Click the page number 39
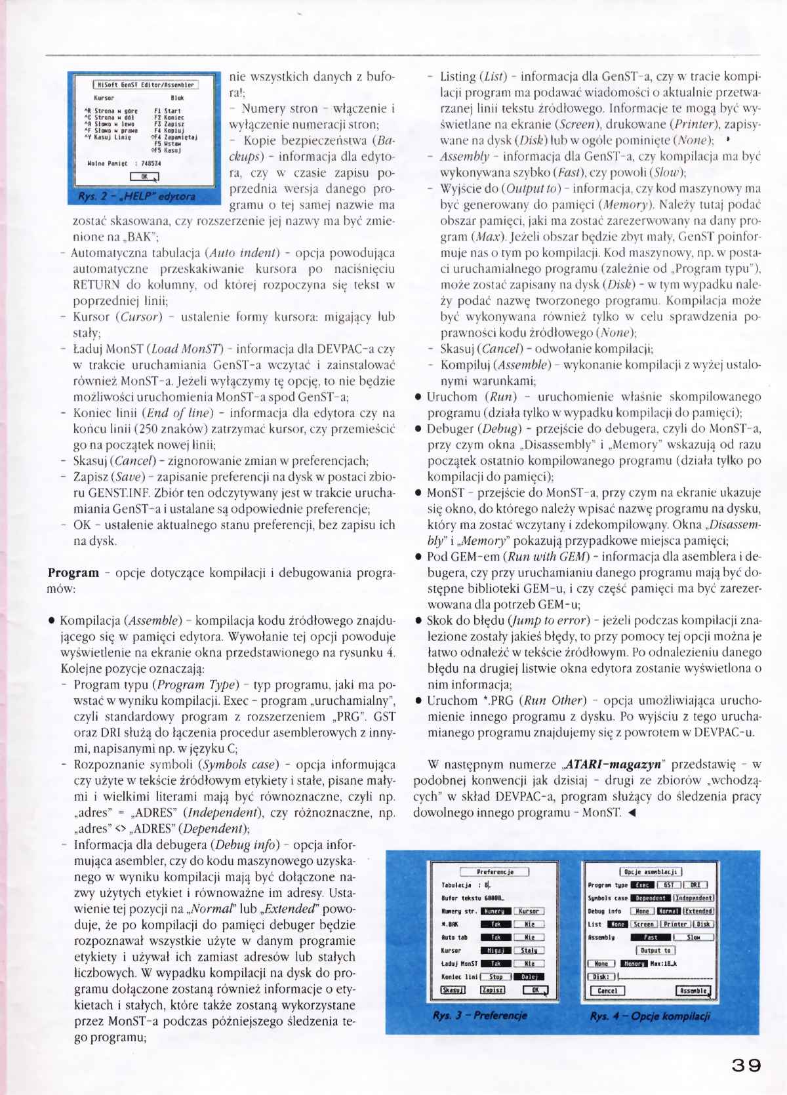pos(746,1065)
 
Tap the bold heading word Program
pos(73,572)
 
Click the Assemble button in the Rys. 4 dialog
pos(693,991)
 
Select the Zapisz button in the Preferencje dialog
pos(493,990)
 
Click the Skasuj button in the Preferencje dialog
pos(453,990)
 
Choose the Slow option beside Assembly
pos(693,938)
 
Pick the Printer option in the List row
pos(675,925)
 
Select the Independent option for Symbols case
pos(694,898)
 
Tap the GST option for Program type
pos(668,885)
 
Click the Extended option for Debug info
pos(698,911)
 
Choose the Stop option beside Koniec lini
pos(496,977)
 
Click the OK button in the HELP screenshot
pos(144,176)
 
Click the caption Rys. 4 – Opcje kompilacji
pos(649,1016)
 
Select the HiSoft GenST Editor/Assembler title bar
pos(144,85)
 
